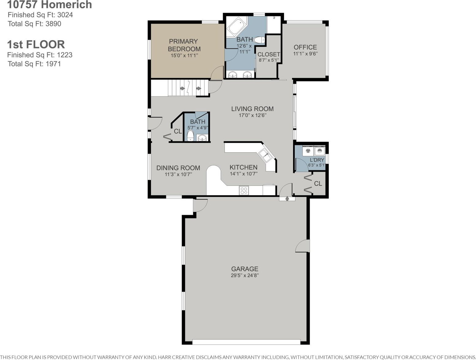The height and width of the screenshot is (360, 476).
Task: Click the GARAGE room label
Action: click(245, 269)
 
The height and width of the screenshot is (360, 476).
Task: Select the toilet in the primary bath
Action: click(259, 40)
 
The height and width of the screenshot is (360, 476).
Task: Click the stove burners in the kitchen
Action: click(244, 190)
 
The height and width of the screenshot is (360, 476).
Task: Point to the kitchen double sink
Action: click(265, 156)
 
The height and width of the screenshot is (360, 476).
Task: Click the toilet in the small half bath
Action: click(190, 136)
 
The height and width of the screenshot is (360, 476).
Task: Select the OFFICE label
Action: click(305, 47)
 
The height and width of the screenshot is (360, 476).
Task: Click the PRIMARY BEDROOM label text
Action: click(184, 45)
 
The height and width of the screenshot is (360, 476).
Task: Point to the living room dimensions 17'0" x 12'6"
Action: click(252, 115)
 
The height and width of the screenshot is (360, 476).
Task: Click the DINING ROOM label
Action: click(178, 168)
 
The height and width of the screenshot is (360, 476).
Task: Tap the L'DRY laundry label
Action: click(317, 160)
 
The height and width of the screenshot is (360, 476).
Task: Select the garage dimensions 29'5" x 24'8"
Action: click(245, 275)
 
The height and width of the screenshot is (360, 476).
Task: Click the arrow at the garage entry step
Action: click(287, 199)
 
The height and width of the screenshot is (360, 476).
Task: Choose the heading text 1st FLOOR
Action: click(36, 44)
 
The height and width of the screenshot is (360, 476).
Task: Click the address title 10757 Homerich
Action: click(50, 5)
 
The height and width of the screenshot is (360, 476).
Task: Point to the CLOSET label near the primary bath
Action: click(269, 54)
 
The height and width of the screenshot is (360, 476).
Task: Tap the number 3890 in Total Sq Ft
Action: click(53, 24)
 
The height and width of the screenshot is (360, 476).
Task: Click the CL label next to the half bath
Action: click(178, 131)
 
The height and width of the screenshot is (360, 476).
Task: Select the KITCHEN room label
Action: click(244, 167)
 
